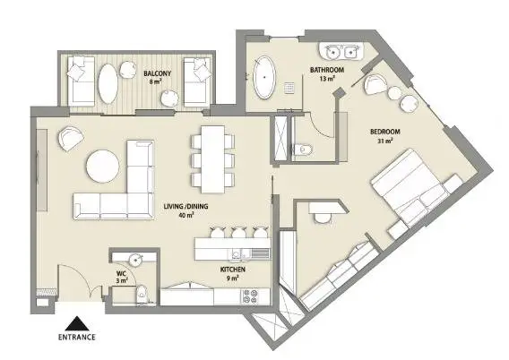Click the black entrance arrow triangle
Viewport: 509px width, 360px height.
(77, 323)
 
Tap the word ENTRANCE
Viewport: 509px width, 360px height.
(77, 338)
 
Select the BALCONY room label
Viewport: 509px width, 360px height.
(158, 73)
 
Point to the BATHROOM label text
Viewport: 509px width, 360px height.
(327, 70)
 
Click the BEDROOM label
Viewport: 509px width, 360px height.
(385, 132)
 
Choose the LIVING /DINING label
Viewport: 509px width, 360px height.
(185, 206)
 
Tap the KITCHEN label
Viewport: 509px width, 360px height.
(233, 270)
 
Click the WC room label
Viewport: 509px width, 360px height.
(121, 273)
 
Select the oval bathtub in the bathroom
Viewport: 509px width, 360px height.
(264, 77)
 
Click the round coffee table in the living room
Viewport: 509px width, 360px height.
(102, 166)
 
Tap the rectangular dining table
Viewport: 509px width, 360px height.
(213, 159)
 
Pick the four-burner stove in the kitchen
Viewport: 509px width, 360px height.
(250, 296)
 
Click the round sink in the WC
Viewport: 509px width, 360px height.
(135, 260)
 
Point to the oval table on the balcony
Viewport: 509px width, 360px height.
(108, 83)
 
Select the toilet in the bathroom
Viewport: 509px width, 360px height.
(303, 150)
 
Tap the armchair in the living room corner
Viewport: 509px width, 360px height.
(71, 139)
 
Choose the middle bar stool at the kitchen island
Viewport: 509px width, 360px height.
(238, 232)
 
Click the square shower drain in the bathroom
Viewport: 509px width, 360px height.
(289, 88)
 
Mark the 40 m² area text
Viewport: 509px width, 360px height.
(186, 214)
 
